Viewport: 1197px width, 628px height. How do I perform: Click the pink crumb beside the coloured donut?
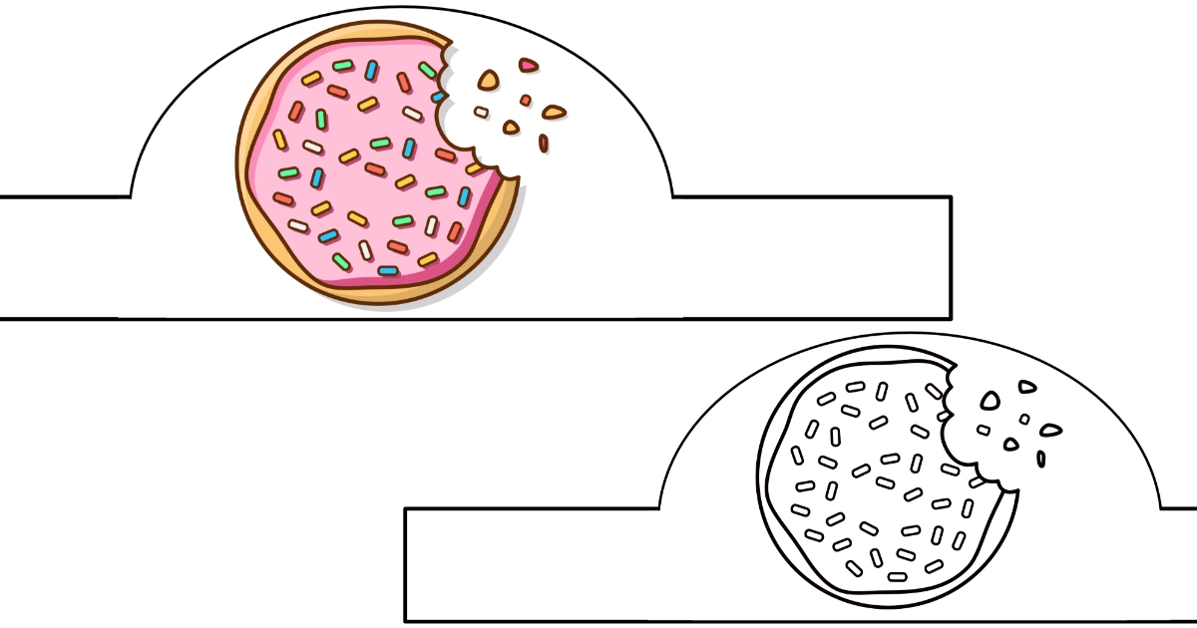[528, 66]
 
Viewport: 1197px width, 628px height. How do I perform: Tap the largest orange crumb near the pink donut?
[488, 80]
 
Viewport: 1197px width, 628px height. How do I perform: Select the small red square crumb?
[526, 101]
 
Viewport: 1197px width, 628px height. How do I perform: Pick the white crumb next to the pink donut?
[482, 112]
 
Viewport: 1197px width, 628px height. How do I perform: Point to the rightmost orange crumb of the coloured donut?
[555, 112]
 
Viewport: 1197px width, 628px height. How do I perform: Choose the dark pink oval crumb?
[544, 144]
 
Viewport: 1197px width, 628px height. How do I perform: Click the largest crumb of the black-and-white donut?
[990, 401]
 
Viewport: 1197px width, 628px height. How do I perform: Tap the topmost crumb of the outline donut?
[1026, 387]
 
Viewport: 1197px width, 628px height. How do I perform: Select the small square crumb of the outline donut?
[1024, 420]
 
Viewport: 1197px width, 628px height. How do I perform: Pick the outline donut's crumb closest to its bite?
[984, 431]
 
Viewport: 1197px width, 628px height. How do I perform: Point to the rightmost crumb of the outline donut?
[1051, 432]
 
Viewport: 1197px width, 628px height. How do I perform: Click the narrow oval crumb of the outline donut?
[1041, 459]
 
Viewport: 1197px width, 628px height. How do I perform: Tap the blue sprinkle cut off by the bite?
[437, 97]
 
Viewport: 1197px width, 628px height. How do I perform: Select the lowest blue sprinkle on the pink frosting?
[388, 270]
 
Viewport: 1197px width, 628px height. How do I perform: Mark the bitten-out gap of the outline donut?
[973, 439]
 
